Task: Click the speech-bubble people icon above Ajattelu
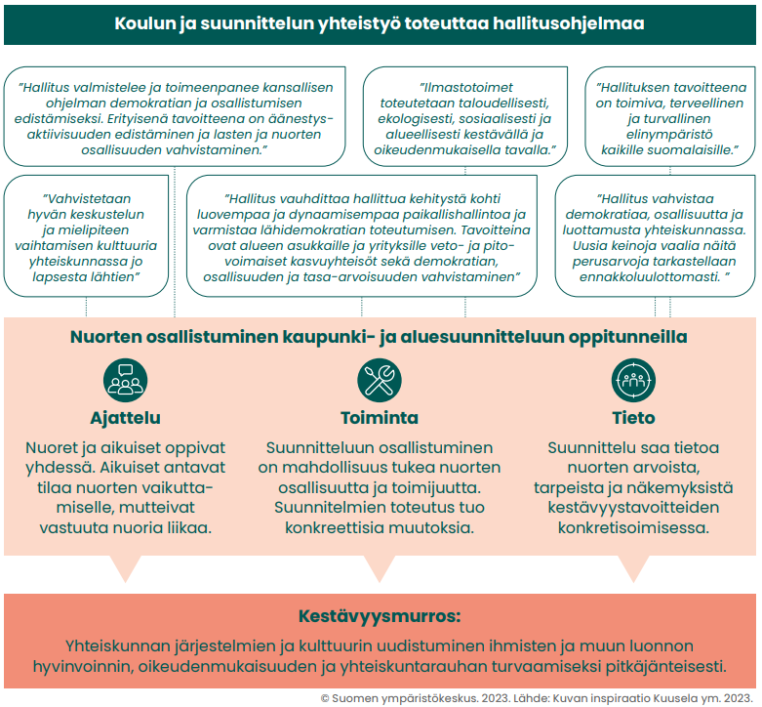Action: (x=125, y=379)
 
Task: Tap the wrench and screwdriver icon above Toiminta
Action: (x=379, y=379)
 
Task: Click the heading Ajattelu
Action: (x=125, y=418)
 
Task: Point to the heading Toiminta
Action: (x=380, y=418)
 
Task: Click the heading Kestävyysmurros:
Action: (x=380, y=616)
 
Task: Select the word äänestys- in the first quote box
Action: (x=299, y=119)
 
